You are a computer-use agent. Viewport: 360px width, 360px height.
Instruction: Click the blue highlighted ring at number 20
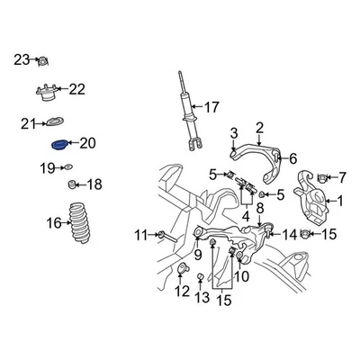click(x=59, y=144)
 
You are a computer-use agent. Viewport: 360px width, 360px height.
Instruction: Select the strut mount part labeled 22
click(x=48, y=93)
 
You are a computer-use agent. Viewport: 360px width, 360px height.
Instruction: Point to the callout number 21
click(x=27, y=123)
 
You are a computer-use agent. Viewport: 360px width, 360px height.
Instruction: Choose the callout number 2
click(x=259, y=128)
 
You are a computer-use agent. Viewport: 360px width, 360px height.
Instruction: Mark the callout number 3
click(x=234, y=133)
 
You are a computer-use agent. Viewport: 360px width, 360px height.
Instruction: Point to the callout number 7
click(x=340, y=177)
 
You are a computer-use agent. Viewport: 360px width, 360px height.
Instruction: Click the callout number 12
click(x=183, y=291)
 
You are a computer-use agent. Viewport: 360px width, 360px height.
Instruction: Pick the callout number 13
click(x=202, y=298)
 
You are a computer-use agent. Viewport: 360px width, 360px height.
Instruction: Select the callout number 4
click(x=245, y=216)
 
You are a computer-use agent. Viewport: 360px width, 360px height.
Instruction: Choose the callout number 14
click(x=289, y=235)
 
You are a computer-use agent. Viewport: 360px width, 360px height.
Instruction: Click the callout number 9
click(x=197, y=255)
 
